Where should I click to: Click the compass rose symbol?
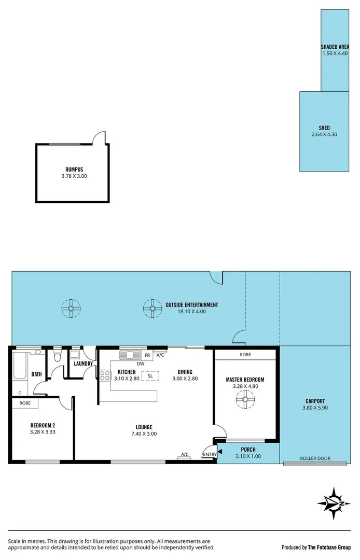(x=335, y=501)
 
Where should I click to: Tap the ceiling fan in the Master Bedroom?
(x=245, y=398)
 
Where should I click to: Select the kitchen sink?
(x=130, y=355)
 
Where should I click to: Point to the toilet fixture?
(x=58, y=356)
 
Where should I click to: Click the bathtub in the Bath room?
(x=21, y=365)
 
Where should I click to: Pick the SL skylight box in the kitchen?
(x=150, y=376)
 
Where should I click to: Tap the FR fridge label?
(x=147, y=355)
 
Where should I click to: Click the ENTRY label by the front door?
(x=209, y=455)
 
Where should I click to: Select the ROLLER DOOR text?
(x=315, y=458)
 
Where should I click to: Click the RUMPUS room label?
(x=74, y=170)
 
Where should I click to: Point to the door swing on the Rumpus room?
(x=99, y=137)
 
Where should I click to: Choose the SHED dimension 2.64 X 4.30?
(x=324, y=135)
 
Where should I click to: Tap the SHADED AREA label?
(x=335, y=47)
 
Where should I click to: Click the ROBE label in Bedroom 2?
(x=25, y=403)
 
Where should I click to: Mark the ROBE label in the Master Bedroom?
(x=245, y=355)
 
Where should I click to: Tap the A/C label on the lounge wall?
(x=184, y=455)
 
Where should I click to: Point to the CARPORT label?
(x=315, y=401)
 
